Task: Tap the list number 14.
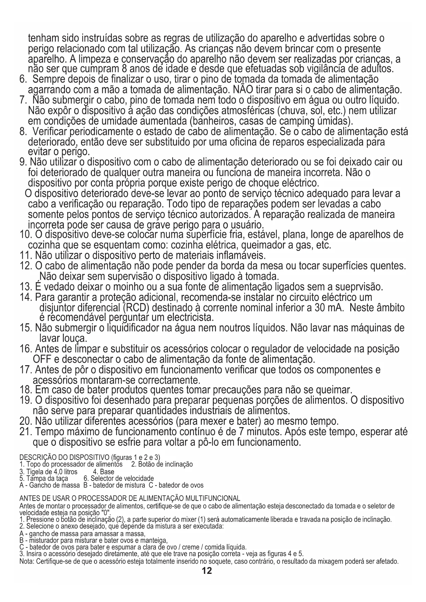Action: pos(26,297)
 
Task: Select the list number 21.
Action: pos(26,431)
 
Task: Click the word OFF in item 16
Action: pos(41,359)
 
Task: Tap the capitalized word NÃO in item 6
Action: pos(243,90)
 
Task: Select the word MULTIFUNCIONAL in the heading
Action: pos(212,498)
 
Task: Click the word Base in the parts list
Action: pos(107,472)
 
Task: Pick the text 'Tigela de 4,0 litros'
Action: pos(48,472)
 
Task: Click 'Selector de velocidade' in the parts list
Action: pos(122,478)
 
